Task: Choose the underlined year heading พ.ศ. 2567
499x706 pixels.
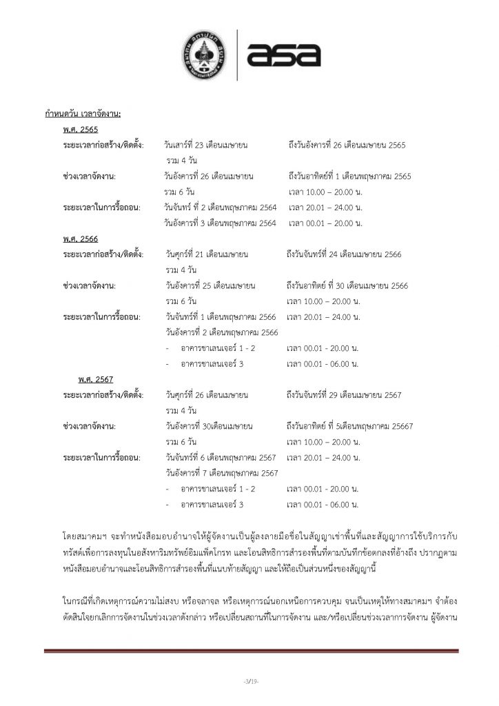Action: pyautogui.click(x=96, y=379)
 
